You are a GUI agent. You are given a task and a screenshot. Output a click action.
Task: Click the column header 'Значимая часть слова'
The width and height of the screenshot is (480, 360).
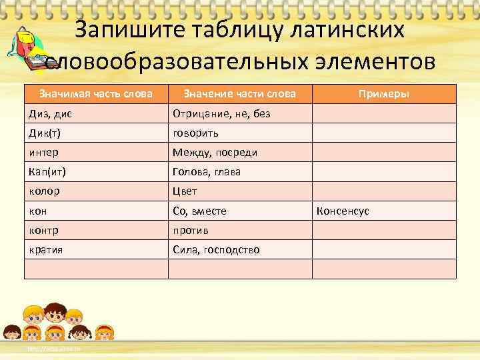coord(96,94)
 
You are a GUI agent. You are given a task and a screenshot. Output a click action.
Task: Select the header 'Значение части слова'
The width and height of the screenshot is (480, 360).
coord(239,94)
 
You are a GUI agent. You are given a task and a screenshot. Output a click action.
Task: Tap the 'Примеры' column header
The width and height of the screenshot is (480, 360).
coord(384,94)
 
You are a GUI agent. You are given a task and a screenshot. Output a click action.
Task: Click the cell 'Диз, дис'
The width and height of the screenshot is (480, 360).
coord(51,114)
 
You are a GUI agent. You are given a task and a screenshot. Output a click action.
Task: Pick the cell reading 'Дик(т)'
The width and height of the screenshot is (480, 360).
coord(45,133)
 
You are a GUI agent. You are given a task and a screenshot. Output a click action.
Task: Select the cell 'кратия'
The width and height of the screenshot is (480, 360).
coord(46,250)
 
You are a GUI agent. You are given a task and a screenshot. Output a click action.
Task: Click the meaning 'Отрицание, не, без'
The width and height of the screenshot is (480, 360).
coord(221,114)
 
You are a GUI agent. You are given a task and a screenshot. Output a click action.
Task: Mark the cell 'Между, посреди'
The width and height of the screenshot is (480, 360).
coord(215,153)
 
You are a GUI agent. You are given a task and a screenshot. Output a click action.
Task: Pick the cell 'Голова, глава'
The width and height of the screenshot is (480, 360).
coord(207,172)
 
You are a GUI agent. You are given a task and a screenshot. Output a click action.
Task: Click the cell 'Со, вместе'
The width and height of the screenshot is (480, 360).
coord(199,211)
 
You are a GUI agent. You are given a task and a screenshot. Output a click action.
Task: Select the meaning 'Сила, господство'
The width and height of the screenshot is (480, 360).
coord(216,250)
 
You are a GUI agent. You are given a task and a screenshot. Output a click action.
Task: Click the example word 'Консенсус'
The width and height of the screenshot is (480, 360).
coord(343,211)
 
